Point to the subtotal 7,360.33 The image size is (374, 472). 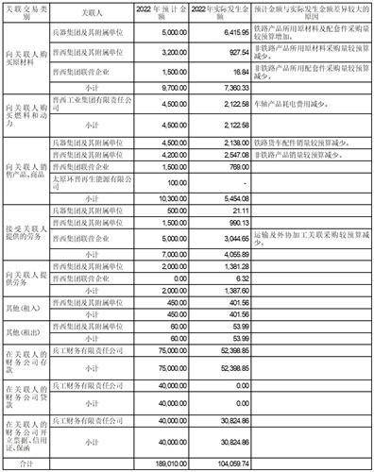pos(235,83)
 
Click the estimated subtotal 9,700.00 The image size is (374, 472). pos(180,83)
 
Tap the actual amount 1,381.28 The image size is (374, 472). pos(235,267)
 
